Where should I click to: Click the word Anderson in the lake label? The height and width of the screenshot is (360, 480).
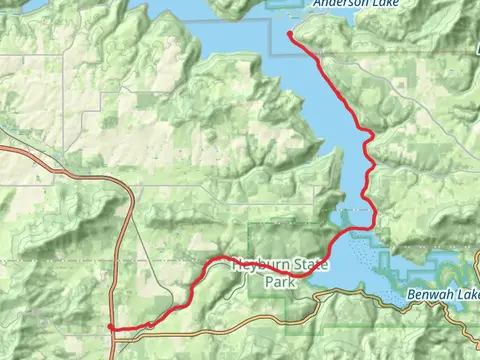[x=335, y=4]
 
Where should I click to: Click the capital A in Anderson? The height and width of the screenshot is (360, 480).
[x=316, y=4]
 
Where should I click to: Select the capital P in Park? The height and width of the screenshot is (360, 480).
[x=268, y=283]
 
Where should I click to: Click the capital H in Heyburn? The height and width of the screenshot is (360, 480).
[x=236, y=266]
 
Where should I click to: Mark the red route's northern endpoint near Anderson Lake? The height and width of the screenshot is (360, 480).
[x=290, y=35]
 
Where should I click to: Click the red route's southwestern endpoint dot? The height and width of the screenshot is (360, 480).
[x=110, y=327]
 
